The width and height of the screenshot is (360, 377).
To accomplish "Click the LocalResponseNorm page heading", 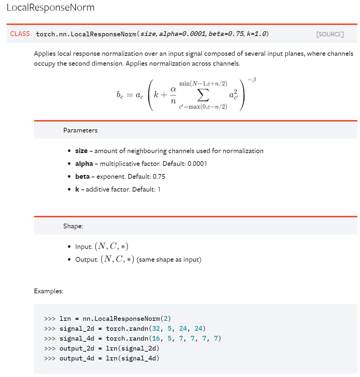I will click(x=51, y=7).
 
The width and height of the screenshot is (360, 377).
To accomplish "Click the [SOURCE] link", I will click(x=330, y=34).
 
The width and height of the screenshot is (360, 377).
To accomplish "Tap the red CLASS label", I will click(x=20, y=34).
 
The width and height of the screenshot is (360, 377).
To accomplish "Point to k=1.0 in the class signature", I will click(x=257, y=34).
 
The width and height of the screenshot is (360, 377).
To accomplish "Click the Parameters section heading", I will click(x=80, y=130).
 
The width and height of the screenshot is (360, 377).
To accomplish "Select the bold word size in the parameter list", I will click(x=81, y=151).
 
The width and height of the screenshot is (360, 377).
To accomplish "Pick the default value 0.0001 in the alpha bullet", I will click(x=197, y=164).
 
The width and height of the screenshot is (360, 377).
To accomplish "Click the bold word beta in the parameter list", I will click(x=82, y=177).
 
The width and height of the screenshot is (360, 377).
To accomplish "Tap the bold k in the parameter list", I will click(x=77, y=189).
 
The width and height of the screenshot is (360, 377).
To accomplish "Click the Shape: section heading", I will click(x=73, y=226).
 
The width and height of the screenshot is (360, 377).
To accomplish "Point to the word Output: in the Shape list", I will click(x=87, y=260).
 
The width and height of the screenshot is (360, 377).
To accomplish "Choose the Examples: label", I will click(x=48, y=291).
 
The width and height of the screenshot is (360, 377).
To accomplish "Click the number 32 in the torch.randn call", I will click(x=156, y=328).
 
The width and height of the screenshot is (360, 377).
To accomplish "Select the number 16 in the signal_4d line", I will click(x=156, y=338).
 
